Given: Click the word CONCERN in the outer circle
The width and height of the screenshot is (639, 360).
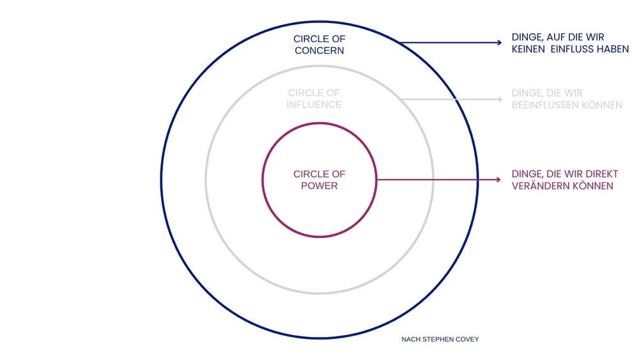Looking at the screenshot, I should click(319, 51).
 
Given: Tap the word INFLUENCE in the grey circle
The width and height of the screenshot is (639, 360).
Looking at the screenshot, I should click(315, 104).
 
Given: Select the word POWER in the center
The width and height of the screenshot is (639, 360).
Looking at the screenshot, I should click(319, 185).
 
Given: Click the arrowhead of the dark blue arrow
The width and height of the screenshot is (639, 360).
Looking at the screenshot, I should click(499, 43).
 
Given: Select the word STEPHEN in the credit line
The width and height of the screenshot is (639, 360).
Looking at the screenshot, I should click(436, 340).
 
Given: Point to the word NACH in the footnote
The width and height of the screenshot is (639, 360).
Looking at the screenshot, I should click(410, 340).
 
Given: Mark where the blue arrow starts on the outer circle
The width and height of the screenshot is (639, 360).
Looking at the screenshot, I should click(400, 43).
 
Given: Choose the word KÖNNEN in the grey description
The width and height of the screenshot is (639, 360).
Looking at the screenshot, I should click(601, 105).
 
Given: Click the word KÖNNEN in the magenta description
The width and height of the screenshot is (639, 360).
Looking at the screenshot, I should click(594, 186).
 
